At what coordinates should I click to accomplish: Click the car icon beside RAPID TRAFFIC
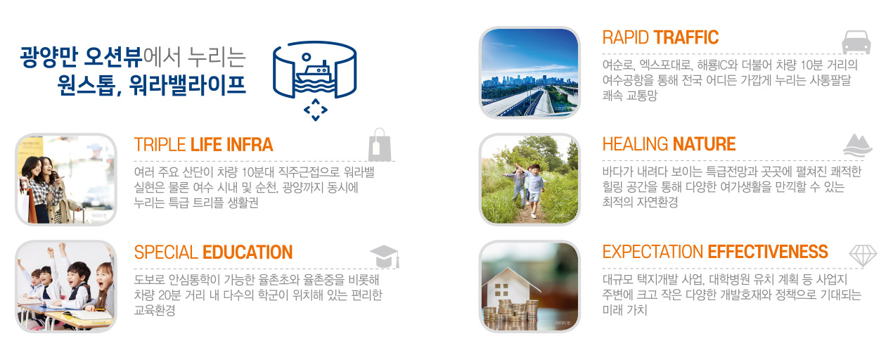pos(856,42)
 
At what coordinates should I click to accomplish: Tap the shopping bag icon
pos(380,145)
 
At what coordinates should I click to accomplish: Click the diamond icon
pos(863,256)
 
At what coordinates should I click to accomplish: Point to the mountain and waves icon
pos(858,146)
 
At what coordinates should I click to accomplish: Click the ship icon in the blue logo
pos(315,77)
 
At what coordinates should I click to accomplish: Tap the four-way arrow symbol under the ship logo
pos(315,110)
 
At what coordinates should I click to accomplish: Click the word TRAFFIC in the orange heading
pos(686,37)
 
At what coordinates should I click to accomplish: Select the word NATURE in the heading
pos(704,144)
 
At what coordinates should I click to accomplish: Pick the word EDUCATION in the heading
pos(248,252)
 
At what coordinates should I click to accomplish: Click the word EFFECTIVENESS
pos(768,252)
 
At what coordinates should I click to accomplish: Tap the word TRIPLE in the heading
pos(160,144)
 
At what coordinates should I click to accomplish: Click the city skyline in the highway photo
pos(530,81)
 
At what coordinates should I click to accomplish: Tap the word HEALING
pos(636,144)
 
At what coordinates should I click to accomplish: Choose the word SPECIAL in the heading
pos(166,252)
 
